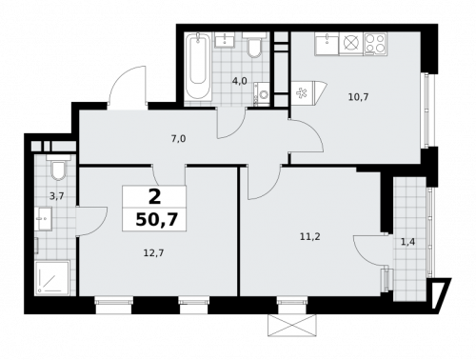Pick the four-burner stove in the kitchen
tap(375, 44)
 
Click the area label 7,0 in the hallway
tap(178, 138)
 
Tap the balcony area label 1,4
tap(407, 242)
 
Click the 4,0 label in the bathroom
tap(239, 81)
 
